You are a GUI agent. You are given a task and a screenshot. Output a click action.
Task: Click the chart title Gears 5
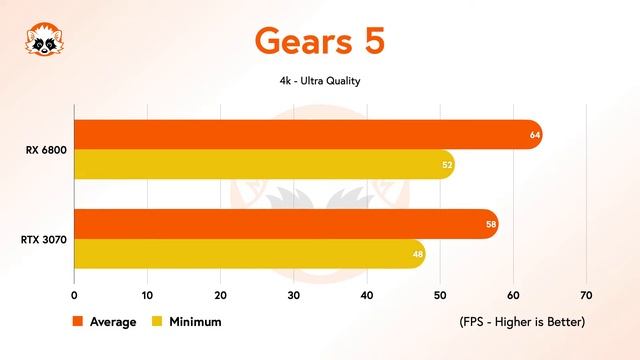319,40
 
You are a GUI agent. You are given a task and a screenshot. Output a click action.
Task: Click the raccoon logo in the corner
41,41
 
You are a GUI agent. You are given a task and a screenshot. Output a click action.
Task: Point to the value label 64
533,134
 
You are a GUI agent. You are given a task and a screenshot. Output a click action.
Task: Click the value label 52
446,164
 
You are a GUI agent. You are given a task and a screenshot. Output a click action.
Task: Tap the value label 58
490,224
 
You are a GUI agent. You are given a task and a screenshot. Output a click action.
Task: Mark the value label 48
417,254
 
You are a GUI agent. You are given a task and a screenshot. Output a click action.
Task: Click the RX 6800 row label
46,150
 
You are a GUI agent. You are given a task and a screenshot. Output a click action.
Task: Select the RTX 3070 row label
44,239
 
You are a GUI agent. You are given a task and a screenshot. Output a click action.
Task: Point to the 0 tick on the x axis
74,296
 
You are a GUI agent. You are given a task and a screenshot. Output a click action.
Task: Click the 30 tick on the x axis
293,296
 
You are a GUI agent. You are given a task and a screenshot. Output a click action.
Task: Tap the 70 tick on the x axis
586,296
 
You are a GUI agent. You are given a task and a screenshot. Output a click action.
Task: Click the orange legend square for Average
78,322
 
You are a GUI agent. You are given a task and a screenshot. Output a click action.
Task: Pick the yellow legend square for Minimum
156,322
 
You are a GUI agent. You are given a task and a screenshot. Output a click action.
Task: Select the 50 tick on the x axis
440,296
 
